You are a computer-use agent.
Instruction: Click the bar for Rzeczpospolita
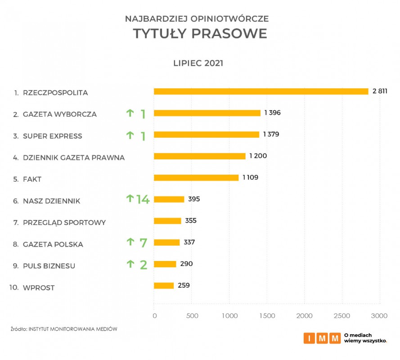point(261,91)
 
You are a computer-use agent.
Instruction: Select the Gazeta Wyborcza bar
point(207,113)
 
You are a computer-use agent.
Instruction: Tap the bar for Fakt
point(196,178)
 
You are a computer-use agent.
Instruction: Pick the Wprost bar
point(164,285)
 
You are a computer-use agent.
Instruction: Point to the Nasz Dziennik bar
point(169,199)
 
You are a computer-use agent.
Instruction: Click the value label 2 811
point(380,91)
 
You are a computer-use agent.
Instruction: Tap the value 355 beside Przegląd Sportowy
point(191,220)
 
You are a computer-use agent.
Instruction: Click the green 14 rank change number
point(143,199)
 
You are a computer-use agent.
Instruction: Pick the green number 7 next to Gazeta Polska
point(143,243)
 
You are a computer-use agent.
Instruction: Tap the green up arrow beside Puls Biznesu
point(130,264)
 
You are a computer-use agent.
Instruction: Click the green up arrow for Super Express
point(130,135)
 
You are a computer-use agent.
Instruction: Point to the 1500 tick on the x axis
point(267,316)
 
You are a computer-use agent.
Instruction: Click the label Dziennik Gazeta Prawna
point(74,157)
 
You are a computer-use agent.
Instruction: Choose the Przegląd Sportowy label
point(64,222)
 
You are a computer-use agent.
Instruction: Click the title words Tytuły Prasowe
point(200,34)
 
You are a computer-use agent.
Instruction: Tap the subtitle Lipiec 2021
point(198,63)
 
